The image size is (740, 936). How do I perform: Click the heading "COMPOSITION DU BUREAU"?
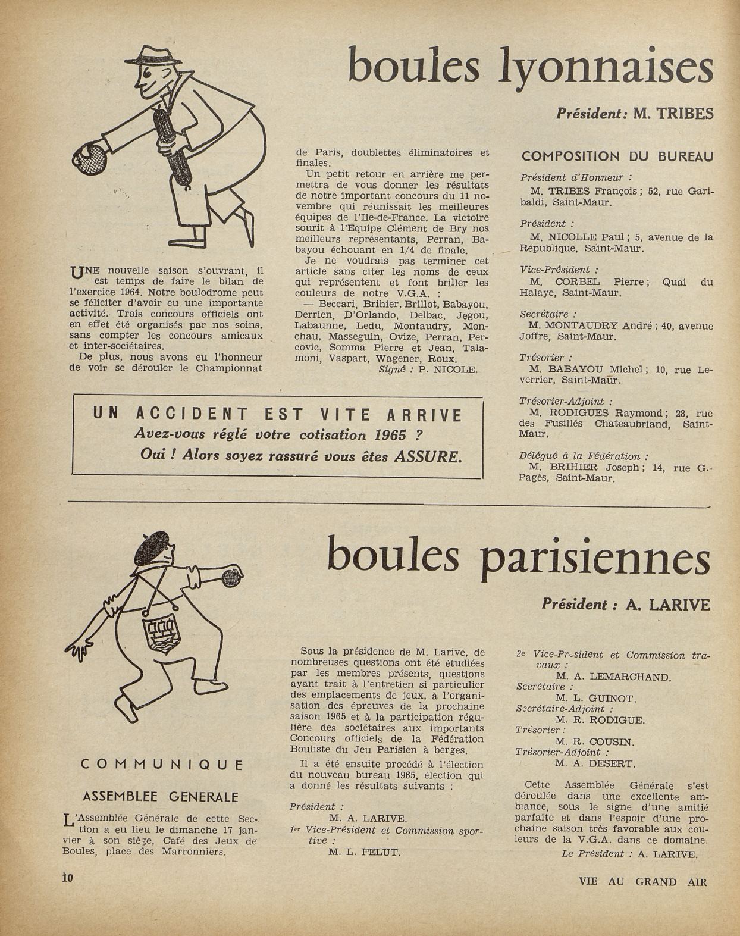(x=617, y=156)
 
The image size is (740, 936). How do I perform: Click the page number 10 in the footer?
(x=67, y=878)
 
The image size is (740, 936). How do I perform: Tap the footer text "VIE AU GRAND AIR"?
(x=642, y=882)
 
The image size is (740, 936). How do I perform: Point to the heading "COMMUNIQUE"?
(x=161, y=765)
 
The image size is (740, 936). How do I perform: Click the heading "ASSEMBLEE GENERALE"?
(x=160, y=797)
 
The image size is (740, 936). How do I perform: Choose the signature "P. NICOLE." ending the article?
(x=447, y=370)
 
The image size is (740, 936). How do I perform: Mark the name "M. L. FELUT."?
(x=364, y=852)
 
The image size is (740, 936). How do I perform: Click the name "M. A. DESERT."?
(x=595, y=763)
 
